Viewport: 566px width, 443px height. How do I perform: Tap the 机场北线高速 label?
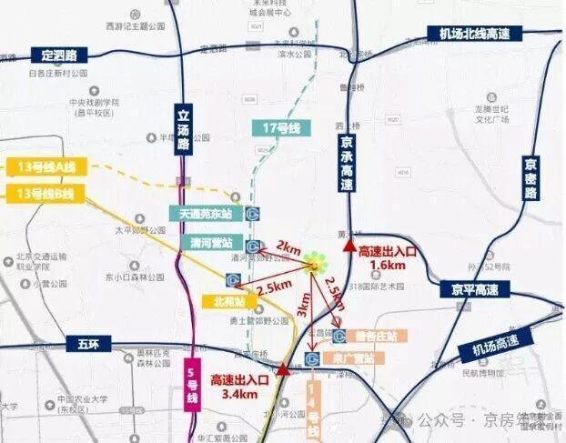473,34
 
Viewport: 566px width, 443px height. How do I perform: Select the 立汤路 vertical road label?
182,132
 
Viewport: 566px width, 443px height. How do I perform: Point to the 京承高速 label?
347,165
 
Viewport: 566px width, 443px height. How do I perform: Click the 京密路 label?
531,178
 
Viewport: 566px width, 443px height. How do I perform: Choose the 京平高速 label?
474,289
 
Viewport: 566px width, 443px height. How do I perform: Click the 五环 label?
81,344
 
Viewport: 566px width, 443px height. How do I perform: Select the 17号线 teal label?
280,128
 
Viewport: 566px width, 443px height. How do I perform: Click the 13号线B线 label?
45,193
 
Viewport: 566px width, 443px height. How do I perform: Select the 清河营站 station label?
211,243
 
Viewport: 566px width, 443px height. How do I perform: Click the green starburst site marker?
315,265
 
